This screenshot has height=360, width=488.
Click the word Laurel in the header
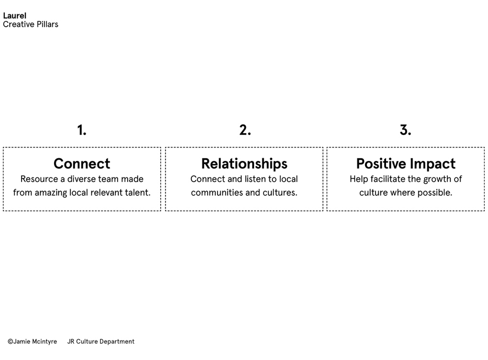pyautogui.click(x=15, y=16)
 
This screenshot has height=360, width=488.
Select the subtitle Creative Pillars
pyautogui.click(x=31, y=24)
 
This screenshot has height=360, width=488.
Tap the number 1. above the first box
pyautogui.click(x=82, y=130)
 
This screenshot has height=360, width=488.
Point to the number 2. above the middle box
pyautogui.click(x=245, y=130)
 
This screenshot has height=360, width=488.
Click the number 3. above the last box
pyautogui.click(x=406, y=130)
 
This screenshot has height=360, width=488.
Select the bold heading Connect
pyautogui.click(x=82, y=164)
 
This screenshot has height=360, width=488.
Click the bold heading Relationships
pyautogui.click(x=244, y=164)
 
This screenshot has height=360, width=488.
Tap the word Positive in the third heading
pyautogui.click(x=381, y=164)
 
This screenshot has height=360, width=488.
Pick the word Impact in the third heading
pyautogui.click(x=433, y=164)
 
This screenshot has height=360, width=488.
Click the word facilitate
pyautogui.click(x=388, y=179)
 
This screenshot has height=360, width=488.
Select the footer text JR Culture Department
pyautogui.click(x=101, y=342)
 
